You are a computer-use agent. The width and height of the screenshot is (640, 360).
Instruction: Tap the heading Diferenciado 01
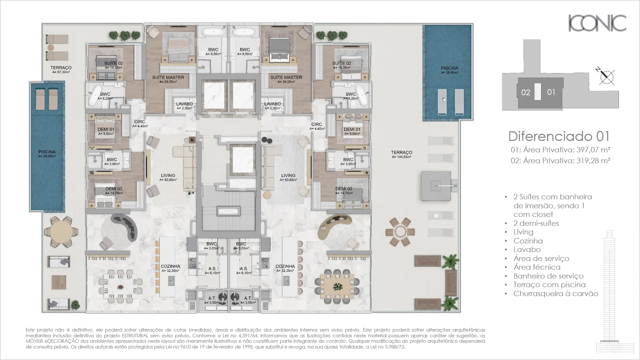point(559,136)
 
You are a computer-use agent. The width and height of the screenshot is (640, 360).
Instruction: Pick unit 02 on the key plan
point(526,93)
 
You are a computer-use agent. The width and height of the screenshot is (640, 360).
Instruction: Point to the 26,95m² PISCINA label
point(449,70)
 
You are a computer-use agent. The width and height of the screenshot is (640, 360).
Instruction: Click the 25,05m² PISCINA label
point(47,154)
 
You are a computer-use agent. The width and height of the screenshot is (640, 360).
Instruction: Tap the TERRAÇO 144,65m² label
point(402,154)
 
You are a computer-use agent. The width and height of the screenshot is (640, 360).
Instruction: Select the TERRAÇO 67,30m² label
point(61,69)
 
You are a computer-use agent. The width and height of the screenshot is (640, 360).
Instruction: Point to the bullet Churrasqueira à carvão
point(555,294)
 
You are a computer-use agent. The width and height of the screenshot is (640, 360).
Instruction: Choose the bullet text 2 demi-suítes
point(536,223)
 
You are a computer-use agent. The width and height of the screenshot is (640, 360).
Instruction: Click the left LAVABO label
point(184,106)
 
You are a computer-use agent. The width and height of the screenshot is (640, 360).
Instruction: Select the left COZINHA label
point(170,268)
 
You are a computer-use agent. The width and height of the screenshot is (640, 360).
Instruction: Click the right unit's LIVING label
point(288,177)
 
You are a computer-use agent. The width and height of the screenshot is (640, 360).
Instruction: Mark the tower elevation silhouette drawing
point(610,291)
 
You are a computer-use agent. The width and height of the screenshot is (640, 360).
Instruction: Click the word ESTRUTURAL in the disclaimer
point(134,335)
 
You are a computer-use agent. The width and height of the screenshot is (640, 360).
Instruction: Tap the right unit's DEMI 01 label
point(352,131)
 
